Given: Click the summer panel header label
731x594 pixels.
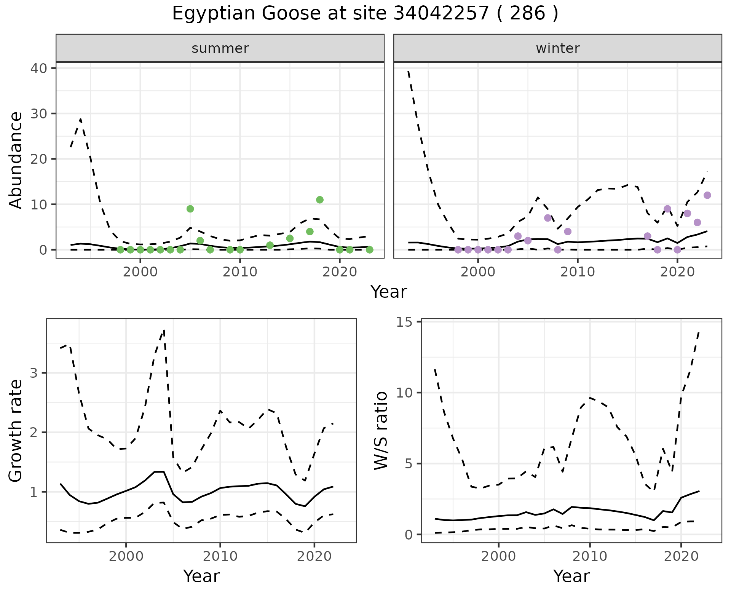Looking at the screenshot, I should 220,48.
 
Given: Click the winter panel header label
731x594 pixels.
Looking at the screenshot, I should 557,48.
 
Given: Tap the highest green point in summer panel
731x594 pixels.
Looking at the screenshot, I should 320,200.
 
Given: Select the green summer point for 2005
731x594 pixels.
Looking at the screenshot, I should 190,209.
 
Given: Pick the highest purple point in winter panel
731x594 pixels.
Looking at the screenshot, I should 707,195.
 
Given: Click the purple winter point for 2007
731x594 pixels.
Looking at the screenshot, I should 548,218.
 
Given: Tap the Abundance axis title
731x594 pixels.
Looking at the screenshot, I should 16,160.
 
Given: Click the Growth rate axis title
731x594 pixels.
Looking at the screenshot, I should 16,431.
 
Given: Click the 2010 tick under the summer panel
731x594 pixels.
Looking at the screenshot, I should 240,272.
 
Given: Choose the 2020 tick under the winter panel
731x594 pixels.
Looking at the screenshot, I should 677,272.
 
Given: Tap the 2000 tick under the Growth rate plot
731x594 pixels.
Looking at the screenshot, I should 126,556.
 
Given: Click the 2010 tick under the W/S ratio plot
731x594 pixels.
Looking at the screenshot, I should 590,556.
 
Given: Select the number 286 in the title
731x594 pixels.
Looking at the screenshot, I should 527,14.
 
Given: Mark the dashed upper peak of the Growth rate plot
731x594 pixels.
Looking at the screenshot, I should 164,330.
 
